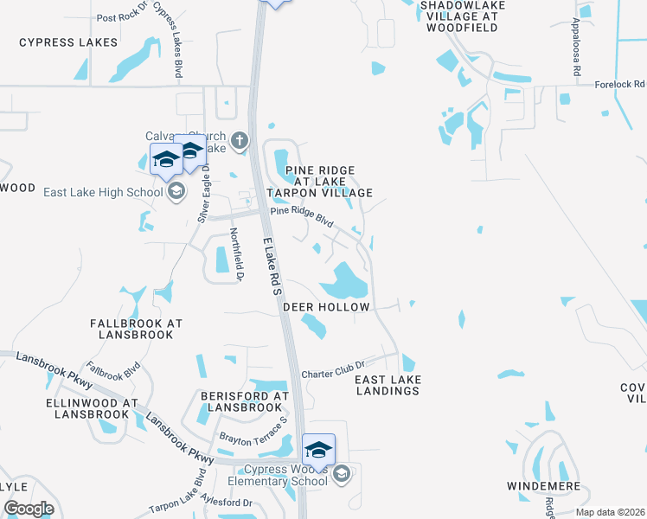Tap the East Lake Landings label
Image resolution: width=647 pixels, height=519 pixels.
pos(388,385)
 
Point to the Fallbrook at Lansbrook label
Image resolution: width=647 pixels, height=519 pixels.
pos(137,328)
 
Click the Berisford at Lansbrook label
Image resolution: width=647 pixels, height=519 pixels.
pos(244,400)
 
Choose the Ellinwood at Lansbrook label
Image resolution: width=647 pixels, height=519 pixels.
pos(93,408)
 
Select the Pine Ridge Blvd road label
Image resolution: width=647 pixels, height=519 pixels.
pos(302,215)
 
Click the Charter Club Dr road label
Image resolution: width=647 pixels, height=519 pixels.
pos(336,369)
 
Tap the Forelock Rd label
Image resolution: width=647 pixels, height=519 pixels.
pos(620,85)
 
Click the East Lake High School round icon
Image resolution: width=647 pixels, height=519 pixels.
pos(176,191)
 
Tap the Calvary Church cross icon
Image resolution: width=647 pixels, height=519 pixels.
pos(240,138)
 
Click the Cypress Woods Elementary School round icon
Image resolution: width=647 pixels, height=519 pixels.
pos(341,472)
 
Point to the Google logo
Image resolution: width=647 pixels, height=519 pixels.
pos(29,509)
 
